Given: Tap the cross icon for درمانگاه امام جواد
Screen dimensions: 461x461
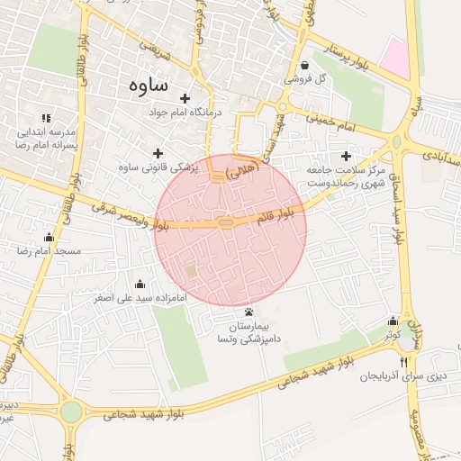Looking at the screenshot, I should (185, 98).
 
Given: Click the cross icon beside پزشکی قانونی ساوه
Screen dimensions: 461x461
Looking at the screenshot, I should (159, 153).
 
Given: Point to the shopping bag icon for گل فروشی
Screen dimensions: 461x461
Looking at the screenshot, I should (304, 65).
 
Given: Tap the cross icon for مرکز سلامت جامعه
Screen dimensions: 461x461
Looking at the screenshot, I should (346, 156).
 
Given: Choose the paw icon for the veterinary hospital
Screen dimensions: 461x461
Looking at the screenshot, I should (249, 311).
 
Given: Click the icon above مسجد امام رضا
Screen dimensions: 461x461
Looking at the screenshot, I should (49, 238).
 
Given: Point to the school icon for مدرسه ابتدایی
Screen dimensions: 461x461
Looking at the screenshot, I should (46, 118).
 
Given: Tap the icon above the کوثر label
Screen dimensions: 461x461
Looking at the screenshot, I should (392, 321).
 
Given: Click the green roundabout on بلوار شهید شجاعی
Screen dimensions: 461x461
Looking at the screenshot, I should (71, 413).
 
